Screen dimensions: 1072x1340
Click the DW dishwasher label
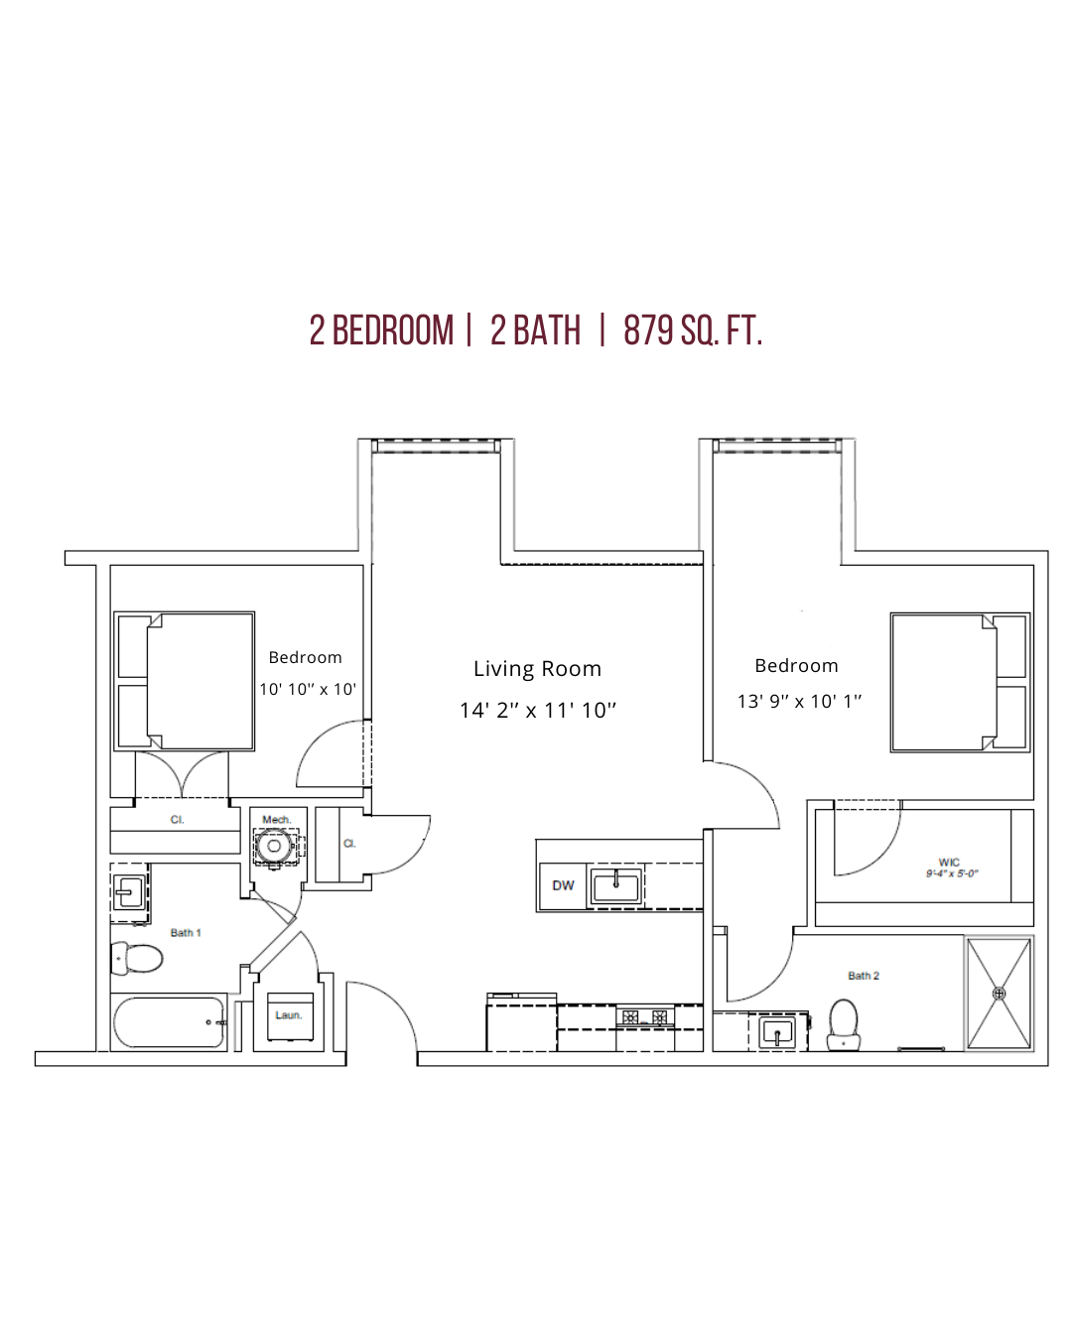tap(563, 884)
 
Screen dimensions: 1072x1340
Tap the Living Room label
tap(537, 669)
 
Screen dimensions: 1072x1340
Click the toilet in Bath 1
tap(136, 958)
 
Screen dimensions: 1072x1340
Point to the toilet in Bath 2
tap(844, 1024)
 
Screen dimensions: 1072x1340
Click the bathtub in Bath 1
tap(169, 1022)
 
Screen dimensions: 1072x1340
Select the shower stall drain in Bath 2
tap(999, 994)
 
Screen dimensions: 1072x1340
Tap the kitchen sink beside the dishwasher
tap(615, 884)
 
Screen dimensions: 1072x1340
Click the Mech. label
tap(277, 820)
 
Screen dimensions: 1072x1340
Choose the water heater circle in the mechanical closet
tap(273, 846)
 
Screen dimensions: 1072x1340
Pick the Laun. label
tap(289, 1015)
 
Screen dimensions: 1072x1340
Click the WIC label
tap(949, 862)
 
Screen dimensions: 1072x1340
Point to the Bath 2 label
tap(864, 976)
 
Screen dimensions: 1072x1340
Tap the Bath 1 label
tap(186, 932)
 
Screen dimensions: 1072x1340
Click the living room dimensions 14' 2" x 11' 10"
tap(538, 710)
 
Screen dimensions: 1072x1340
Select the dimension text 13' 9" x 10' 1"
tap(799, 701)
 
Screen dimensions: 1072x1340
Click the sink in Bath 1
tap(130, 892)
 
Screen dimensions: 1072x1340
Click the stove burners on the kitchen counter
tap(645, 1017)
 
